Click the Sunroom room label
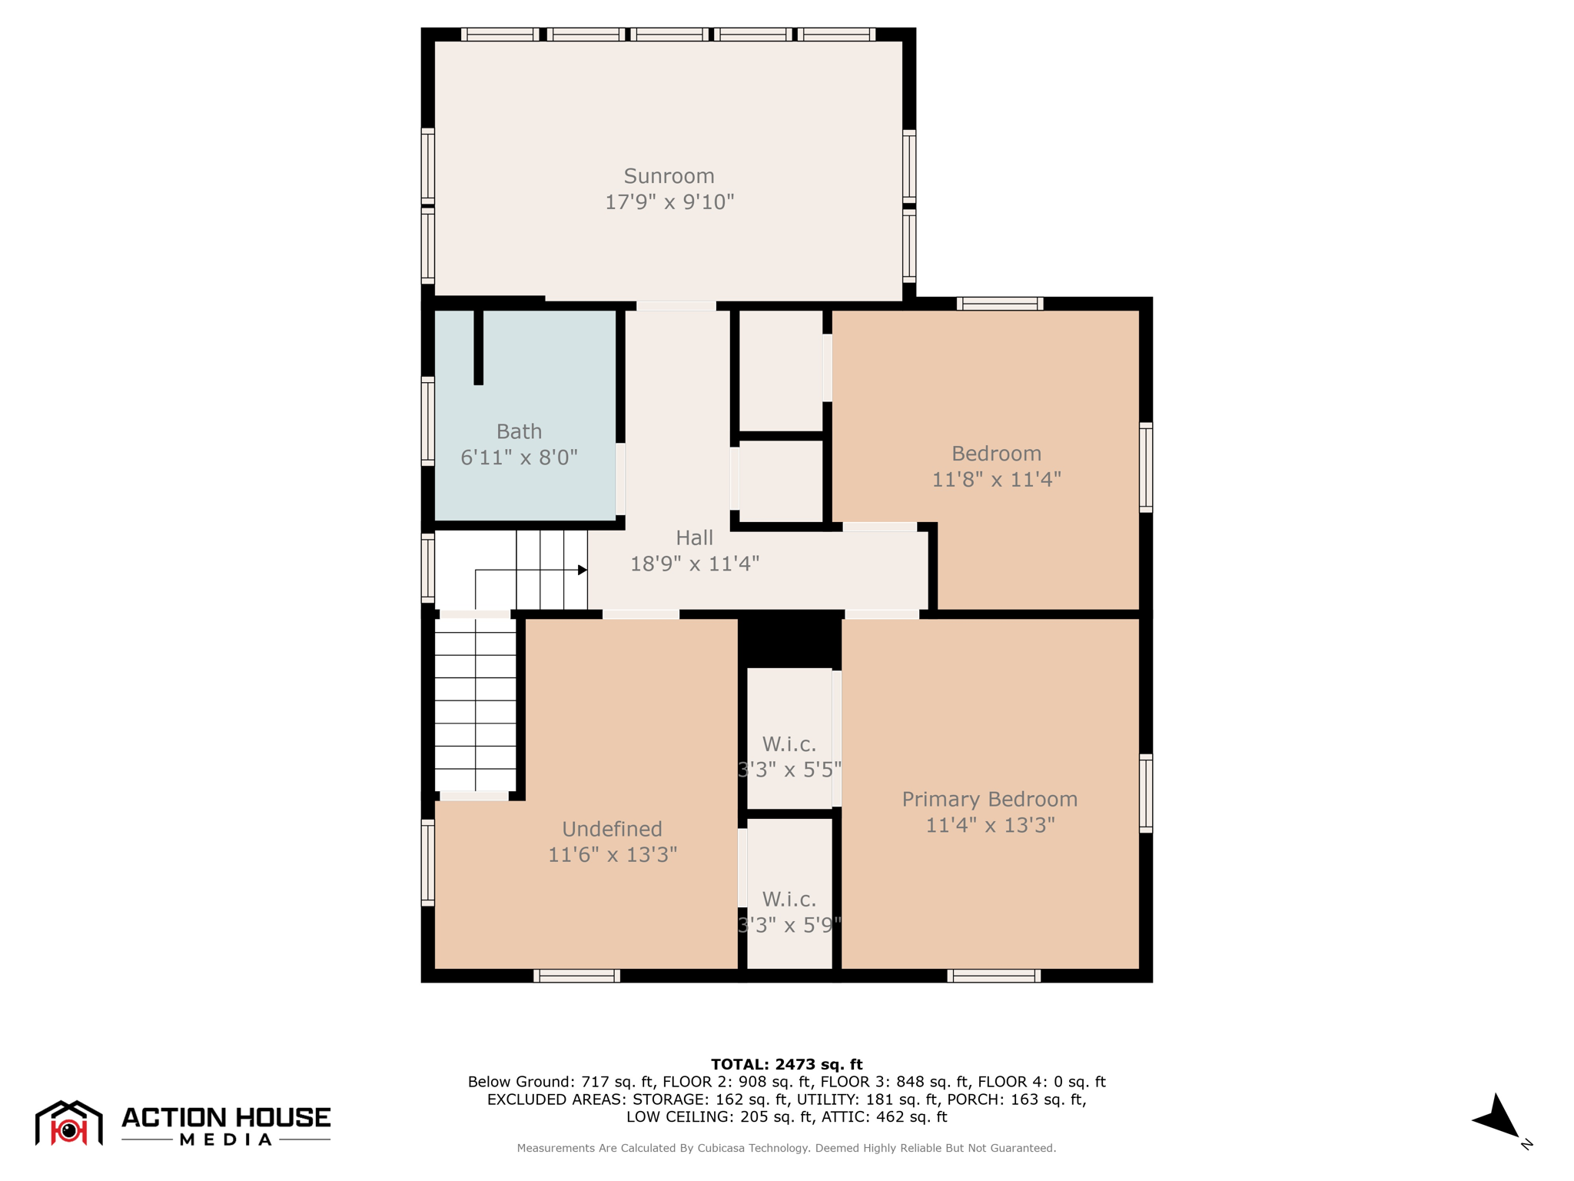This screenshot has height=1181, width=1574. point(669,176)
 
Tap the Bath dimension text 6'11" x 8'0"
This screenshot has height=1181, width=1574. point(519,457)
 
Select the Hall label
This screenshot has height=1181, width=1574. point(695,537)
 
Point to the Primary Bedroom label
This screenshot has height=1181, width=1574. point(990,800)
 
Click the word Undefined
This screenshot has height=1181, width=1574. point(612,829)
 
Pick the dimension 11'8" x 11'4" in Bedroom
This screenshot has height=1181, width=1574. point(996,480)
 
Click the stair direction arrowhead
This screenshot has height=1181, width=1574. point(583,570)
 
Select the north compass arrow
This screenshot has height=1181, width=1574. point(1496,1116)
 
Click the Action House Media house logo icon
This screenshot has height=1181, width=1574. point(69,1123)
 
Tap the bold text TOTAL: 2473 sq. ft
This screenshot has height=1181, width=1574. point(787,1064)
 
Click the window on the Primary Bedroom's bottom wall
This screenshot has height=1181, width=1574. point(994,976)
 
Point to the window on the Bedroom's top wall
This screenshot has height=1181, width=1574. point(1000,304)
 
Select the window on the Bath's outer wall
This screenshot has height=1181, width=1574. point(428,421)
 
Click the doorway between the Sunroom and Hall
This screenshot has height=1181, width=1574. point(676,306)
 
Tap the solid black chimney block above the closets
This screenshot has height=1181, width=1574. point(790,639)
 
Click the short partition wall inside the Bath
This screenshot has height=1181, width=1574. point(478,347)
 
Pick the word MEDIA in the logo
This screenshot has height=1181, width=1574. point(226,1139)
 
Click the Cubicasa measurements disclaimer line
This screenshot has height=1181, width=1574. point(786,1148)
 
